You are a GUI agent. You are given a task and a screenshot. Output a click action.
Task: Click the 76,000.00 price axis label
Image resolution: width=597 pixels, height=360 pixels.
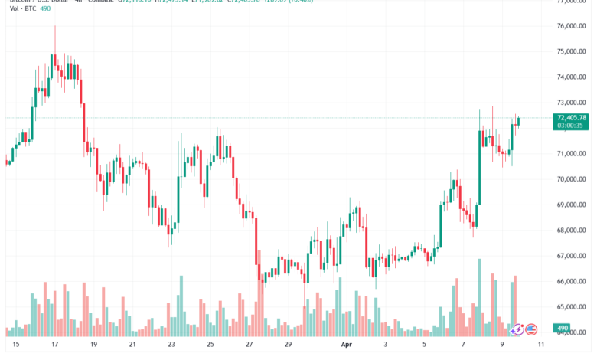tap(573, 26)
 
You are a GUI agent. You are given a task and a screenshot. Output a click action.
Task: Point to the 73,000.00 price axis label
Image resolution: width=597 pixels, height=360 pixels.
tap(573, 103)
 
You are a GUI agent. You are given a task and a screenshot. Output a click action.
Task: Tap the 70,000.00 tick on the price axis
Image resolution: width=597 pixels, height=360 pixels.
tap(573, 179)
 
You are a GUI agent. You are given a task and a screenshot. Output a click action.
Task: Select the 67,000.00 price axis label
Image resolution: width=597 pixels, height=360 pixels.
tap(573, 256)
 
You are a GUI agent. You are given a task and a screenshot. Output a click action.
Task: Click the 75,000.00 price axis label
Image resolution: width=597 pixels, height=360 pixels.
tap(573, 51)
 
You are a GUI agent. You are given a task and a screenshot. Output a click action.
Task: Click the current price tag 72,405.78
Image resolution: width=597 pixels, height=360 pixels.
tap(573, 117)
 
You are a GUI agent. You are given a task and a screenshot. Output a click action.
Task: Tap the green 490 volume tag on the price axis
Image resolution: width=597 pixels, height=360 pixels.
tap(563, 329)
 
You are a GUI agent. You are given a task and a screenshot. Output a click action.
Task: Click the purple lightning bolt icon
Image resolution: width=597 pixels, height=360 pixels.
tap(517, 329)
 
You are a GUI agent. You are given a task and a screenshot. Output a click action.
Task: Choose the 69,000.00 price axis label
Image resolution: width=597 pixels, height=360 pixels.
tap(573, 205)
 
